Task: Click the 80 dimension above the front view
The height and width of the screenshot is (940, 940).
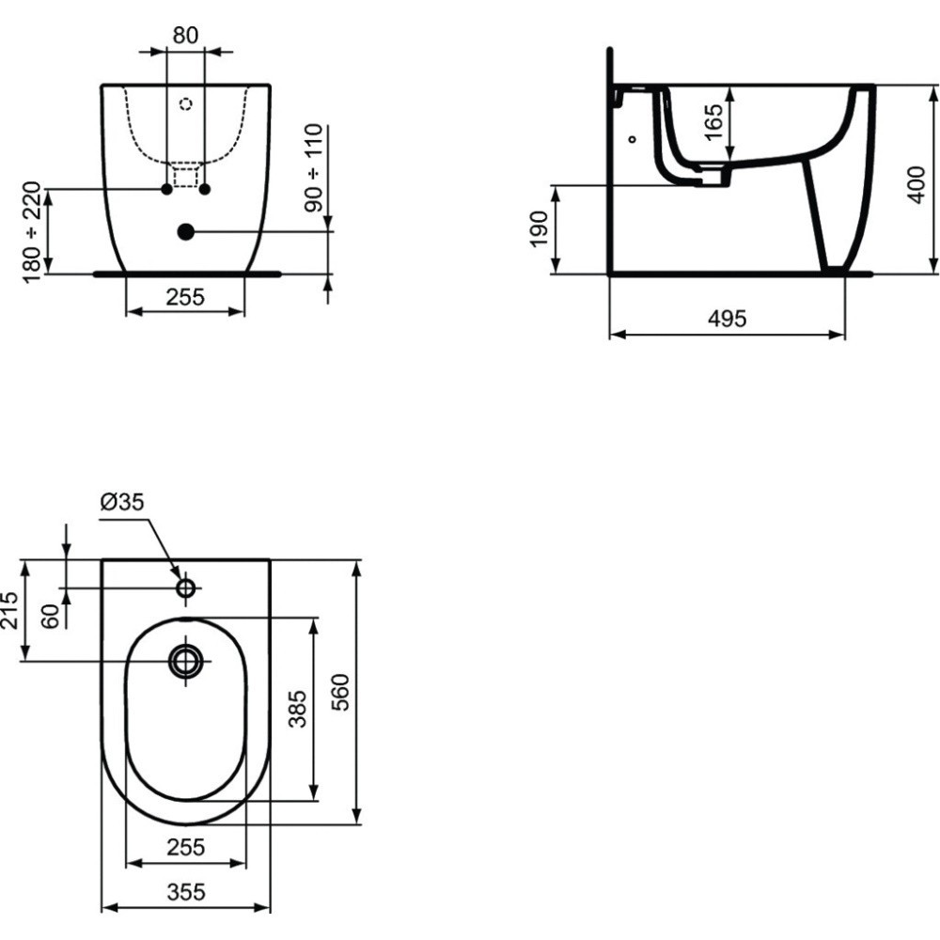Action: [x=185, y=36]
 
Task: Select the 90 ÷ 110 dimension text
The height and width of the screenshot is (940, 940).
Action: [x=313, y=166]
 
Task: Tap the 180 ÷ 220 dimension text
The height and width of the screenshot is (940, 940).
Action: [x=32, y=230]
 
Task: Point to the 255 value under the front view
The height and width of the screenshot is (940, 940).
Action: [x=185, y=297]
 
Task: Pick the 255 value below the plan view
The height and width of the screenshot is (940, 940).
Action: [x=185, y=847]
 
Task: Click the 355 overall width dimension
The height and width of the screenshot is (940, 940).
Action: [x=185, y=892]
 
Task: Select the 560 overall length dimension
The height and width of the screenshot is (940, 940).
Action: [x=340, y=692]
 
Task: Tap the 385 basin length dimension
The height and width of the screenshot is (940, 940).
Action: [x=296, y=710]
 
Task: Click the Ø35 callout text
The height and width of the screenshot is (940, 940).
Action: [x=122, y=503]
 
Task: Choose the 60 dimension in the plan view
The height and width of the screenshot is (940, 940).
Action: [x=53, y=615]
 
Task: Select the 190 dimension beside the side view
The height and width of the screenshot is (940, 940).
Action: [x=537, y=229]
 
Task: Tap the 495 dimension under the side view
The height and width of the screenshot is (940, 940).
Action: [x=727, y=319]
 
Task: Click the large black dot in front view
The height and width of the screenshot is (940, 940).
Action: [x=185, y=230]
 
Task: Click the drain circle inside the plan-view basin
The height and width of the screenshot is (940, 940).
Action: [x=185, y=661]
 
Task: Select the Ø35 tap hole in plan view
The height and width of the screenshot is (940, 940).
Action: [x=185, y=588]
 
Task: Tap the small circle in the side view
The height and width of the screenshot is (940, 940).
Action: [x=632, y=139]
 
